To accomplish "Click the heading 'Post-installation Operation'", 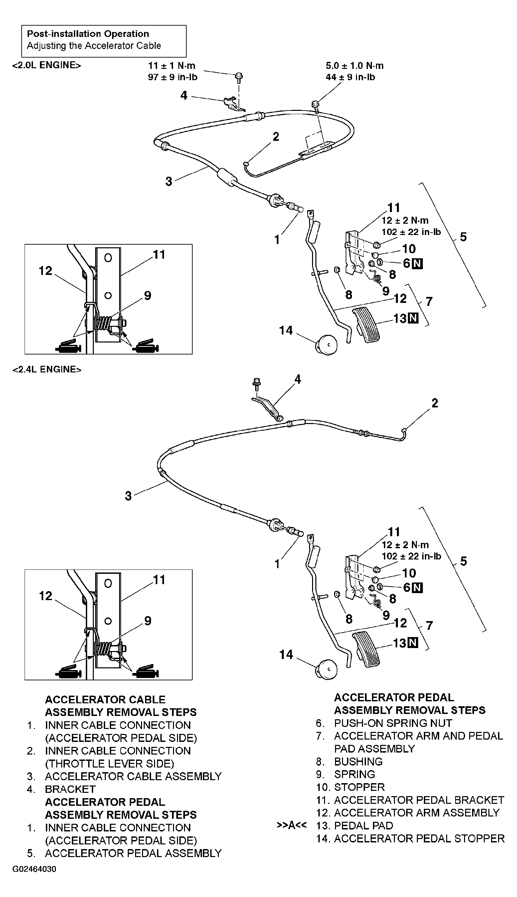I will (x=88, y=34).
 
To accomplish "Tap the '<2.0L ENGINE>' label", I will (x=47, y=65).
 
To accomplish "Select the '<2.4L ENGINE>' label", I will (x=47, y=369).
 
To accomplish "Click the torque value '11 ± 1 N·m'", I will (x=172, y=66).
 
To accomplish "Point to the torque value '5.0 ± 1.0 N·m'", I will (x=354, y=66).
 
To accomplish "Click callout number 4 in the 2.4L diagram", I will (x=297, y=379).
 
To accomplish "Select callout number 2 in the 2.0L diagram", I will (x=276, y=137).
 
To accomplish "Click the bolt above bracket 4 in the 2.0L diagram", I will (x=239, y=76).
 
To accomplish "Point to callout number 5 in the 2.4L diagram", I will (x=463, y=561).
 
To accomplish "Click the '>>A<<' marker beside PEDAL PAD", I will (x=291, y=825).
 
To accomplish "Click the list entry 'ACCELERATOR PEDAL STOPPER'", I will (x=419, y=839).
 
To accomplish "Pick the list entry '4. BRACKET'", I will (x=70, y=789).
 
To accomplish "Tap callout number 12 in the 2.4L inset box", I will (x=46, y=596).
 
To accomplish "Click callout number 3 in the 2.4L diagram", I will (x=128, y=496).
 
